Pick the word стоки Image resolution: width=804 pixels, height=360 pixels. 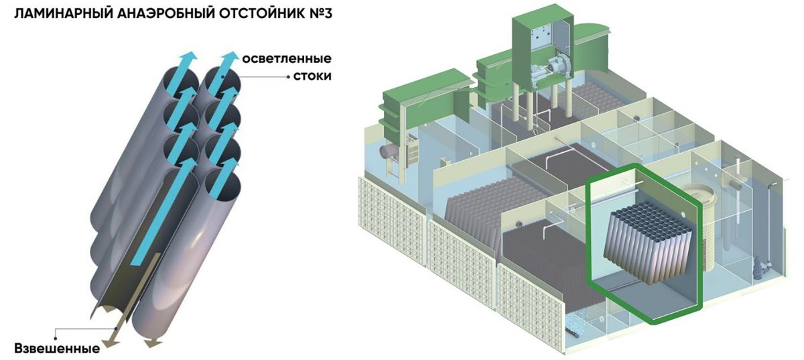pyautogui.click(x=312, y=76)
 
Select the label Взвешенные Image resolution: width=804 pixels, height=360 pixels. pyautogui.click(x=57, y=349)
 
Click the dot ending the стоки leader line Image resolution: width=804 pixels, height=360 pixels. pyautogui.click(x=288, y=76)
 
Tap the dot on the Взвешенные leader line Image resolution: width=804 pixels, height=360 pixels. pyautogui.click(x=56, y=329)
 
